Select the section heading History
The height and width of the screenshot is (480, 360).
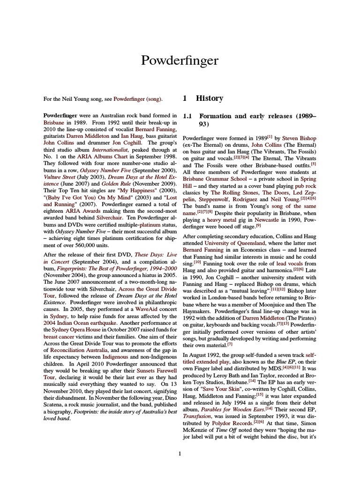coord(210,98)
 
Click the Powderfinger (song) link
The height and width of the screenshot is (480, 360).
coord(138,99)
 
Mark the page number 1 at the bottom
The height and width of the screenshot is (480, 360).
coord(180,453)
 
